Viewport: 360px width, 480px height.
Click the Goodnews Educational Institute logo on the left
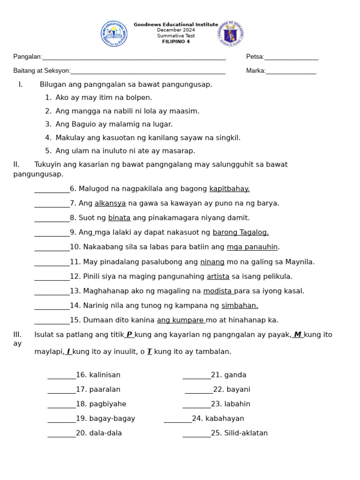[114, 34]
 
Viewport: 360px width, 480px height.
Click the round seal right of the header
[231, 34]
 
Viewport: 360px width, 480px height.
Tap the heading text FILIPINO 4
[176, 42]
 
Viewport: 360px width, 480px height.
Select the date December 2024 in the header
[176, 30]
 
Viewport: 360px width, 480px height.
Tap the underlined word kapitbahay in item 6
[229, 188]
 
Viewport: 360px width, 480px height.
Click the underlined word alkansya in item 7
[110, 203]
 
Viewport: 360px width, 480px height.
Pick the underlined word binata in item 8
[119, 217]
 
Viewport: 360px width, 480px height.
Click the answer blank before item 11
[52, 262]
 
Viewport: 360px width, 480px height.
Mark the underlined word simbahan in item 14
[240, 306]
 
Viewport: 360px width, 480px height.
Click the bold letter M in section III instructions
[297, 334]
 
